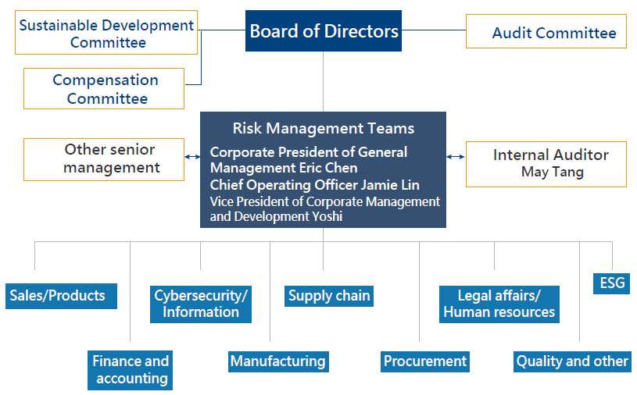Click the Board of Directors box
tap(324, 31)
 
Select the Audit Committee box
tap(546, 31)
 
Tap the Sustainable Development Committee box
tap(107, 33)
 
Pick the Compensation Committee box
tap(104, 88)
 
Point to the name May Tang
tap(552, 173)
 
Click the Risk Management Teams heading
tap(323, 128)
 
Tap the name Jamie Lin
tap(390, 185)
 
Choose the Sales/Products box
tap(59, 296)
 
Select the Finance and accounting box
tap(131, 369)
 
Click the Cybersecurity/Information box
tap(201, 304)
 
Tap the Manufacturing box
tap(277, 361)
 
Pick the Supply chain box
tap(328, 296)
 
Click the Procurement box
tap(424, 361)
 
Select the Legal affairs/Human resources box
tap(499, 304)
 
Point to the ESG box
tap(613, 283)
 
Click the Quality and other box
tap(572, 361)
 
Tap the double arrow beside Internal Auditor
tap(456, 156)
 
